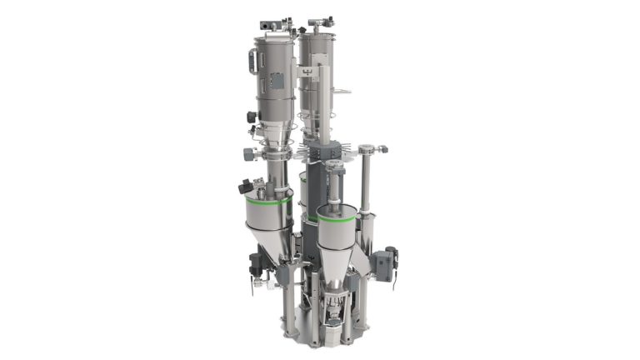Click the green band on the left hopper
[268, 200]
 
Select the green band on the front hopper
[337, 222]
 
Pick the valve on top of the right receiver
[320, 21]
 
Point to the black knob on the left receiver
[251, 117]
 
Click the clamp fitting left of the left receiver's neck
[248, 154]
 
